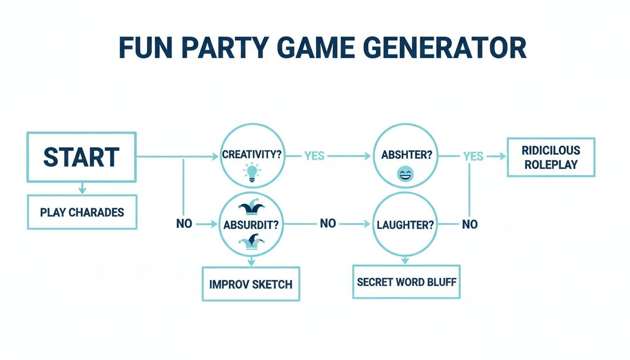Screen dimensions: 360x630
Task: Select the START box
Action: (x=82, y=157)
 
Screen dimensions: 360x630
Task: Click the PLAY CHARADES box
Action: (x=82, y=212)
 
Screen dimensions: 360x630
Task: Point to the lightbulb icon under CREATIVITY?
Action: (x=252, y=172)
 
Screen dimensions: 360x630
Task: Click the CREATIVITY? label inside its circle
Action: (x=252, y=155)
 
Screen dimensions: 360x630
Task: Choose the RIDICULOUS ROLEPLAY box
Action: (x=551, y=157)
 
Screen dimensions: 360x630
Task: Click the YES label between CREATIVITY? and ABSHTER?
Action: (x=314, y=156)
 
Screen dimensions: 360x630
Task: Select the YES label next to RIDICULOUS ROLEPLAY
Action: (x=473, y=156)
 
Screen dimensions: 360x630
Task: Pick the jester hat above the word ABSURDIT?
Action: (x=252, y=208)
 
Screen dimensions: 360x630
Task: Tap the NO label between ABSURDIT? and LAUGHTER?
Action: (x=328, y=224)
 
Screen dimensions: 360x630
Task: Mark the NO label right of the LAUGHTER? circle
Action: (x=470, y=225)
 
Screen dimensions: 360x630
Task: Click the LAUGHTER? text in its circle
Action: (x=405, y=225)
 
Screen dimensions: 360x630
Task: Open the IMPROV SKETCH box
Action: (x=251, y=284)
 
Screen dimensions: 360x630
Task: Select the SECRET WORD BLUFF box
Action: (x=406, y=282)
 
